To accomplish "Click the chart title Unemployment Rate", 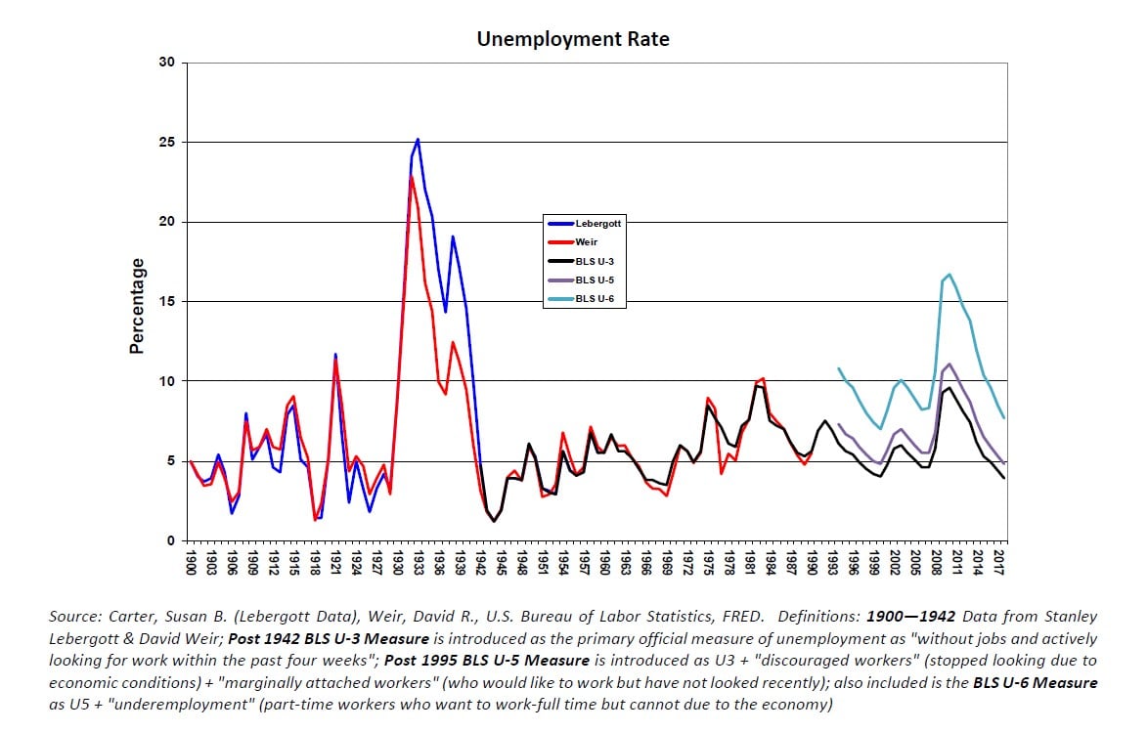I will pos(573,39).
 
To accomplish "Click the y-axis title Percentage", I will pos(138,306).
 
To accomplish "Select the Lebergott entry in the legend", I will pos(597,223).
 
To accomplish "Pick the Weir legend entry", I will pos(587,241).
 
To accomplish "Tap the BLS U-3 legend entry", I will pos(594,261).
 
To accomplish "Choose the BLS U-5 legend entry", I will pos(594,280).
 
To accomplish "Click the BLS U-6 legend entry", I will pos(594,298).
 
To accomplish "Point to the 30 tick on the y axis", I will pos(166,64).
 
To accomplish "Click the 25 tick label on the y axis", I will pos(166,143).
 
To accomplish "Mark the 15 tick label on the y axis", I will pos(166,302).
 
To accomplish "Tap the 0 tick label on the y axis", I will pos(170,540).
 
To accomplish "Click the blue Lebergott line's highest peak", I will pos(418,139).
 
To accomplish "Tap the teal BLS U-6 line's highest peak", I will pos(949,275).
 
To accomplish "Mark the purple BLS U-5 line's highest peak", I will pos(949,364).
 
